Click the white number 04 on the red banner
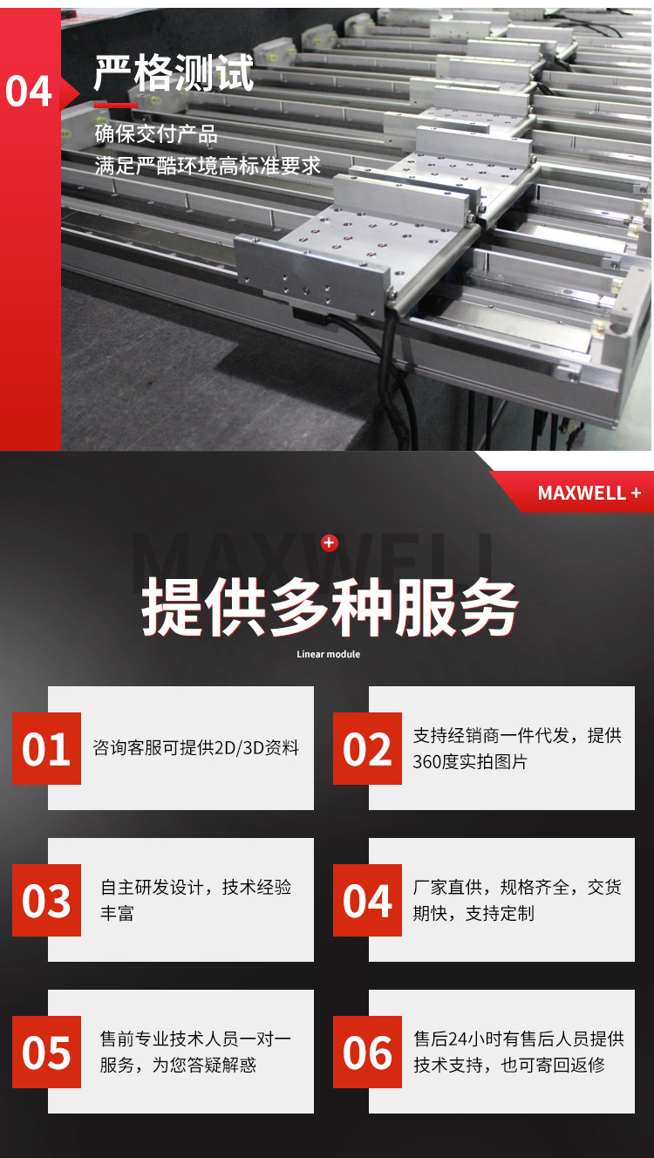point(29,92)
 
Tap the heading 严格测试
point(174,73)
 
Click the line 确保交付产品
point(156,134)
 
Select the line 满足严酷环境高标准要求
point(208,165)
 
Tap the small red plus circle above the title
point(329,543)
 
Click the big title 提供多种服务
point(330,607)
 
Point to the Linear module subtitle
point(328,654)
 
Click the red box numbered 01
point(46,749)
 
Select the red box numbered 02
point(367,749)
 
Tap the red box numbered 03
point(46,901)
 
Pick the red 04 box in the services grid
point(367,901)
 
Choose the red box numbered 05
point(46,1052)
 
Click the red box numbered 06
point(367,1052)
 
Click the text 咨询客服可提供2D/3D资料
point(196,748)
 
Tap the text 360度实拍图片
point(471,762)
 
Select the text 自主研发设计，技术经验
point(196,888)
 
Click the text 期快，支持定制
point(473,914)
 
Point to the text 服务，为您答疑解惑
point(178,1066)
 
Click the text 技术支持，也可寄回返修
point(509,1066)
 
